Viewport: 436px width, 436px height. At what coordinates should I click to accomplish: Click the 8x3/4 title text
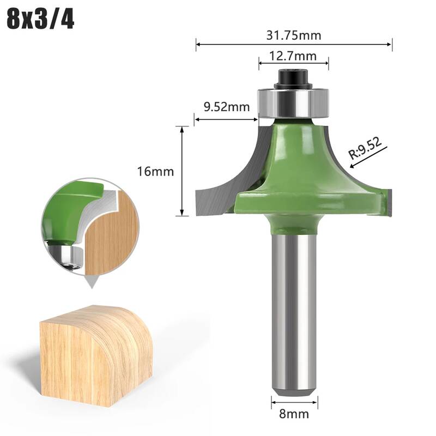click(x=40, y=20)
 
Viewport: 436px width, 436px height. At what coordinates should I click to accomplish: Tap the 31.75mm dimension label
click(x=294, y=35)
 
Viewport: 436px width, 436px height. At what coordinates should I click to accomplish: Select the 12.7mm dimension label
click(x=293, y=56)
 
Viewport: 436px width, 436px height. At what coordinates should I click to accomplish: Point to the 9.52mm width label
click(x=227, y=107)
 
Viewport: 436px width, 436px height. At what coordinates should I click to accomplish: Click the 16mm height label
click(x=155, y=171)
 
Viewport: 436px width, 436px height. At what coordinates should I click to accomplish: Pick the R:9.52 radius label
click(x=365, y=148)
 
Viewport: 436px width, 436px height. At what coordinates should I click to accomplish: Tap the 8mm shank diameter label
click(x=294, y=414)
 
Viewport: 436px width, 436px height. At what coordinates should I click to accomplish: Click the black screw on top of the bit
click(x=294, y=79)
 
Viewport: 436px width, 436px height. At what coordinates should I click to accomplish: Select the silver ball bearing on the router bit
click(x=294, y=103)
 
